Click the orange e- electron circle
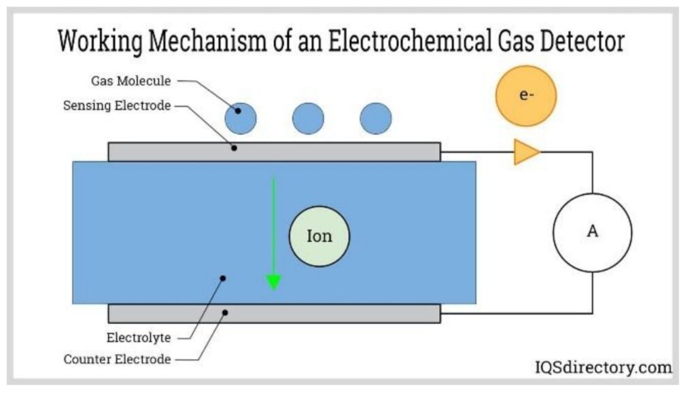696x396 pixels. pyautogui.click(x=525, y=96)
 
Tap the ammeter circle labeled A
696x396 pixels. pyautogui.click(x=592, y=232)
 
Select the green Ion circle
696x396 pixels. pyautogui.click(x=319, y=236)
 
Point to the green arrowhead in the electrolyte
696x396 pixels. pyautogui.click(x=273, y=281)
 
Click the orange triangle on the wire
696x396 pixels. pyautogui.click(x=525, y=151)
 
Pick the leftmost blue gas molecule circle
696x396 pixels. pyautogui.click(x=241, y=119)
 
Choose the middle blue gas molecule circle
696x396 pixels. pyautogui.click(x=308, y=119)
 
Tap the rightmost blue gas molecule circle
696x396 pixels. pyautogui.click(x=376, y=119)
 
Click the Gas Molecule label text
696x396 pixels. pyautogui.click(x=131, y=81)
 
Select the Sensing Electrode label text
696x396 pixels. pyautogui.click(x=117, y=105)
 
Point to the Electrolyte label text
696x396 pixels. pyautogui.click(x=139, y=337)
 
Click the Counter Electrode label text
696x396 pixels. pyautogui.click(x=117, y=359)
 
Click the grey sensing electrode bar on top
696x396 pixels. pyautogui.click(x=340, y=151)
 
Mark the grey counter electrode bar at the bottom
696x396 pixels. pyautogui.click(x=340, y=313)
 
